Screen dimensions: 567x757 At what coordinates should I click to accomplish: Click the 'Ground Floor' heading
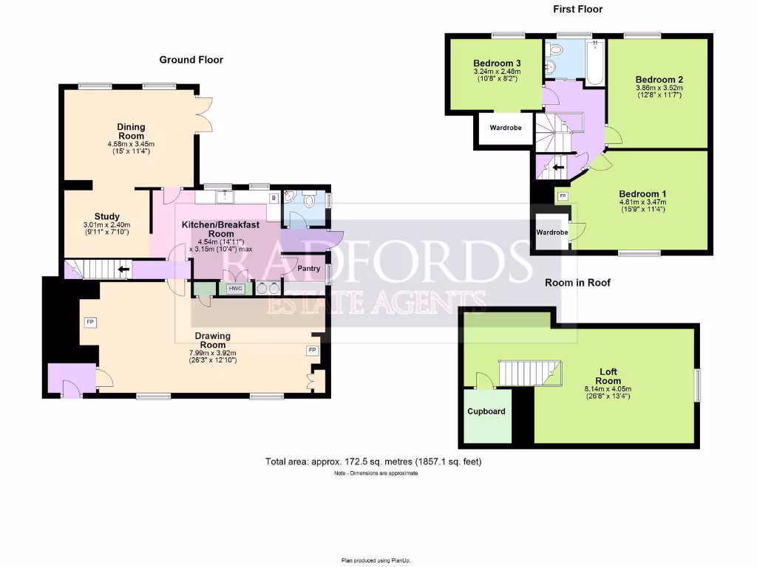[191, 60]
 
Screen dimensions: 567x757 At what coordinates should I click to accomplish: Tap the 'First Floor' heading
[577, 10]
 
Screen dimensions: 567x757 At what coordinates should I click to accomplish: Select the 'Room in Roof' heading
[577, 282]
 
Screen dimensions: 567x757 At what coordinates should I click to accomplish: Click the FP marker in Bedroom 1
[563, 196]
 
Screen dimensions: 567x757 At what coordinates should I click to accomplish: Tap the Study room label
[106, 216]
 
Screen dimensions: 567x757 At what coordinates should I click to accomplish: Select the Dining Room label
[131, 131]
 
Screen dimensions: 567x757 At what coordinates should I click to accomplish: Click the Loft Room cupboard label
[486, 410]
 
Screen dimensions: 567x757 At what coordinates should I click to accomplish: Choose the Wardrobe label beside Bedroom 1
[552, 233]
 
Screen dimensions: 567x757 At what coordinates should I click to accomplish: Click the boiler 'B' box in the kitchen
[273, 198]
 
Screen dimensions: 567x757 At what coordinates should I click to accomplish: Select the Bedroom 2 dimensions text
[659, 92]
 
